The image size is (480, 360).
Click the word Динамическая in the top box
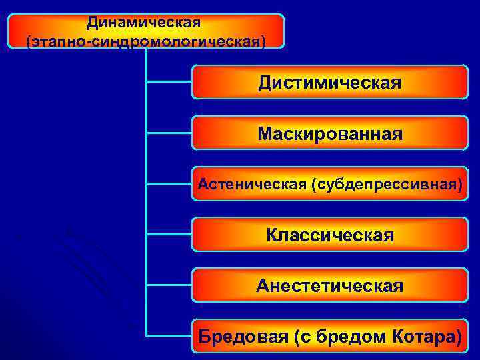click(x=143, y=23)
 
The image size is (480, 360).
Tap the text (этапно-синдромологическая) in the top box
click(x=145, y=41)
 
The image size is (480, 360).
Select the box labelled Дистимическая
click(x=330, y=83)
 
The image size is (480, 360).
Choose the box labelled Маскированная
click(x=330, y=134)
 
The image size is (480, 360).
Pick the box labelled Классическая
click(x=330, y=235)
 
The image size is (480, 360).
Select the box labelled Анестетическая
click(x=330, y=286)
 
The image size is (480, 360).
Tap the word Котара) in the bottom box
click(x=427, y=337)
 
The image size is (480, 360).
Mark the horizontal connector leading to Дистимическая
click(x=169, y=82)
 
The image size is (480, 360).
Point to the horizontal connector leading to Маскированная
click(x=169, y=133)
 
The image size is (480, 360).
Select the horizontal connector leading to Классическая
click(x=169, y=234)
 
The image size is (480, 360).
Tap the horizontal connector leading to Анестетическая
click(x=169, y=285)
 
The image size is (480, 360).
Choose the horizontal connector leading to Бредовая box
click(x=169, y=335)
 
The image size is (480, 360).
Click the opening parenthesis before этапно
click(x=29, y=42)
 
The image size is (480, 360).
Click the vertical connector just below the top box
click(x=146, y=60)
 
